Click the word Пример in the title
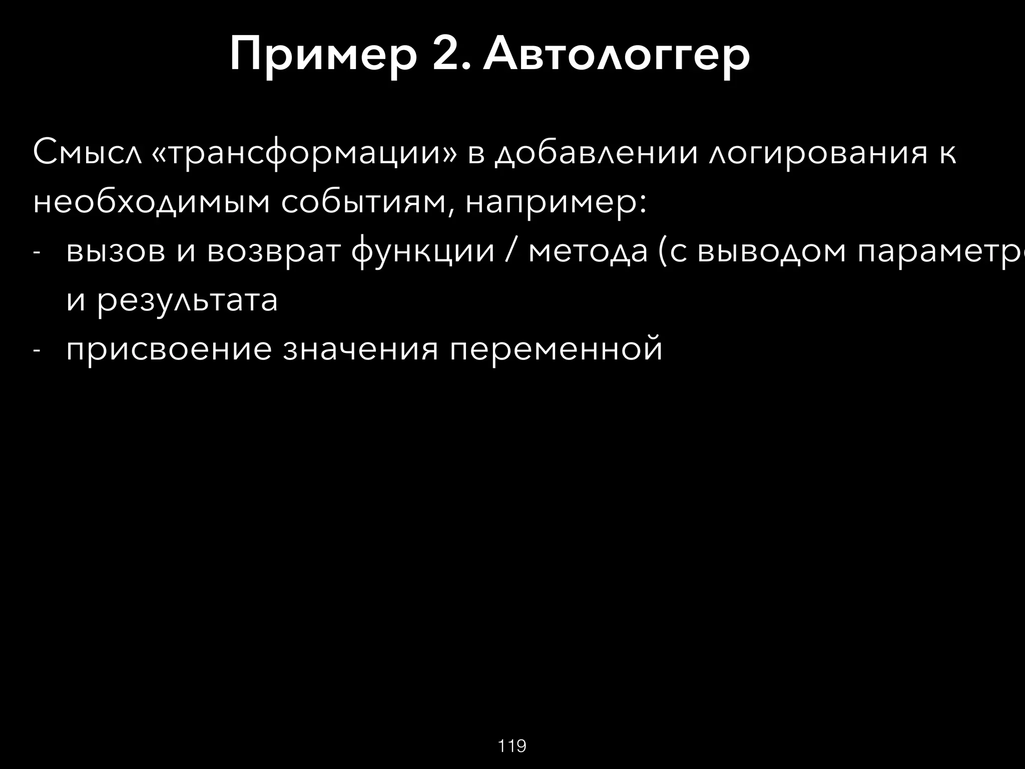[x=323, y=56]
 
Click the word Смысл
[x=85, y=153]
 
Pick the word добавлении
[x=596, y=153]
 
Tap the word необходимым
[x=151, y=203]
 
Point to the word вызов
[x=116, y=252]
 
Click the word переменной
[x=556, y=350]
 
